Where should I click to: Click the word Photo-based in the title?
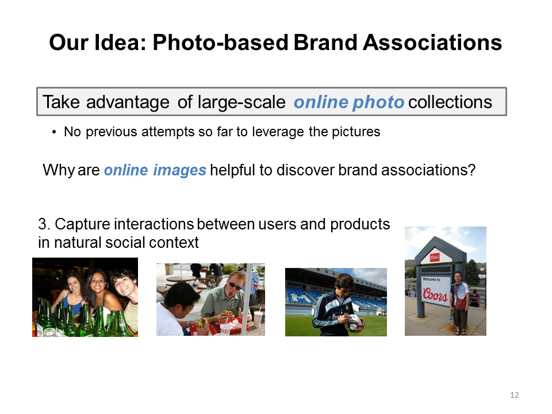220,43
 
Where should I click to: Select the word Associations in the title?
432,43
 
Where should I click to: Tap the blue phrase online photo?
349,102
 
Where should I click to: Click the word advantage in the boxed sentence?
128,102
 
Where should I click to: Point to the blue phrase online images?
155,170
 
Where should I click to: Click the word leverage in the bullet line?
278,132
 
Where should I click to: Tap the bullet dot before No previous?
54,133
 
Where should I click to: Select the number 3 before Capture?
42,224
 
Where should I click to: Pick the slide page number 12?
514,395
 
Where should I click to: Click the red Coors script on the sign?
435,294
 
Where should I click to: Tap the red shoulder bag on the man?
460,304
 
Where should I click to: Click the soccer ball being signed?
353,323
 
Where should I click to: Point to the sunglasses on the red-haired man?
235,285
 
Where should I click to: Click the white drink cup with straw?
258,318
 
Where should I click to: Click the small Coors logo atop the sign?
435,258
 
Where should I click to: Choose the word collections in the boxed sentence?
450,102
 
